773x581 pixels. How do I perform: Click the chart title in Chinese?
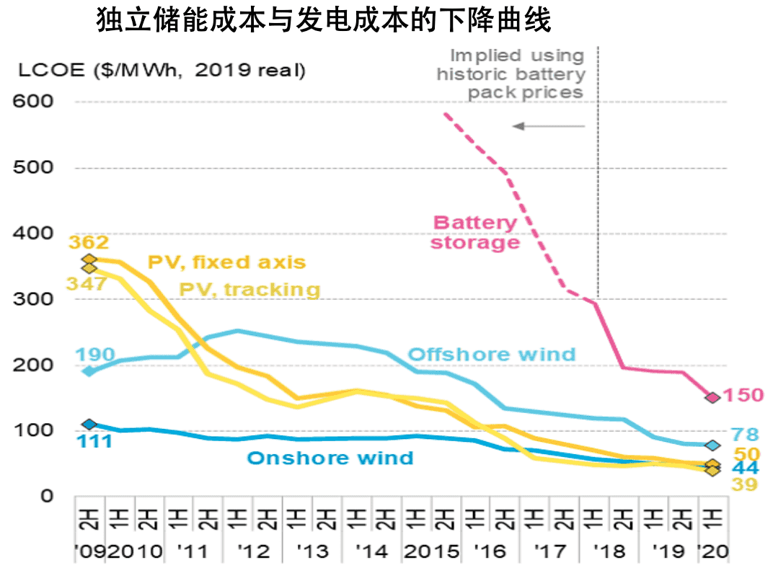324,22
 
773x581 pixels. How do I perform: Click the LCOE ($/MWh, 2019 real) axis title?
162,71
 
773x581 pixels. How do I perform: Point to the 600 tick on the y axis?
33,102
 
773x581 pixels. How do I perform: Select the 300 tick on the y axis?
33,299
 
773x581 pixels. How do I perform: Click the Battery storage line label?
475,232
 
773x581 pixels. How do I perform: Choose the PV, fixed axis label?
226,262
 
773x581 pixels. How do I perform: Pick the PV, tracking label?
249,289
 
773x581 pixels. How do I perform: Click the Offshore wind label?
492,354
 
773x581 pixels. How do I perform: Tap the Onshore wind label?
330,458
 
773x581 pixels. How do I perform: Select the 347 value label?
87,283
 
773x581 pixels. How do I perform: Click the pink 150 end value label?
743,396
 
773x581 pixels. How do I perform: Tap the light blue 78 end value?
744,435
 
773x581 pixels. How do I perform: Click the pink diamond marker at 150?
712,397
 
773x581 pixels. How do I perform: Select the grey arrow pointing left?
548,126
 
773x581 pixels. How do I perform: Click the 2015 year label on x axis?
432,552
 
